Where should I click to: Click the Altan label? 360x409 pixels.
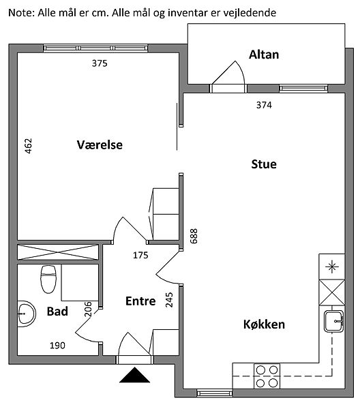(264, 55)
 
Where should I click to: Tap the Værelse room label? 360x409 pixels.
(100, 145)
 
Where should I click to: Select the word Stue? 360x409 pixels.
(264, 164)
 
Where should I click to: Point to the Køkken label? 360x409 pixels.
(264, 324)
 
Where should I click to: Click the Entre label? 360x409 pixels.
(140, 301)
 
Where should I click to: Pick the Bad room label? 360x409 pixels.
(57, 312)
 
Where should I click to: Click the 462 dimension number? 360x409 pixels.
(28, 146)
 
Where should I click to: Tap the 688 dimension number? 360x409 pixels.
(194, 236)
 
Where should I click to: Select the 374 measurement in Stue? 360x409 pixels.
(264, 105)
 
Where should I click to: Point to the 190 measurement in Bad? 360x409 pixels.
(57, 346)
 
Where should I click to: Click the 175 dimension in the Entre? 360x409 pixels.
(140, 255)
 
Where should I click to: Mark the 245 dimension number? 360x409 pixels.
(169, 300)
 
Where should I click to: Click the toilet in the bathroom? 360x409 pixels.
(48, 279)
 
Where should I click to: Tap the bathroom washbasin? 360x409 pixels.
(26, 314)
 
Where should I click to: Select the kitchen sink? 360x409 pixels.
(333, 321)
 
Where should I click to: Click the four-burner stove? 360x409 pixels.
(267, 376)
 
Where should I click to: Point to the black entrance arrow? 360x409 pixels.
(134, 375)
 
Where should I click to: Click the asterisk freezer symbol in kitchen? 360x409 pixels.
(332, 267)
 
